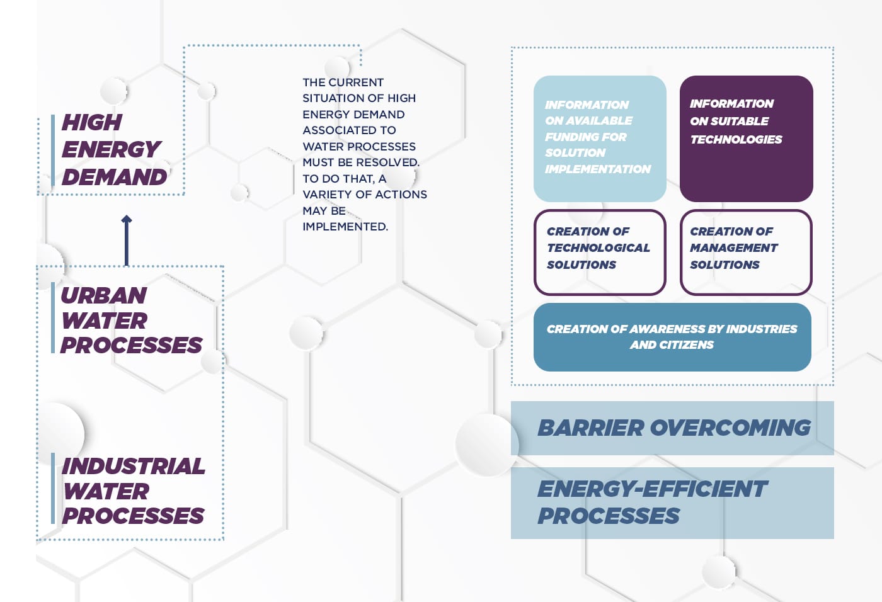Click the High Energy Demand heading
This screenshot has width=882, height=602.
click(x=113, y=150)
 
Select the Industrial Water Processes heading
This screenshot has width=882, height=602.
click(x=133, y=491)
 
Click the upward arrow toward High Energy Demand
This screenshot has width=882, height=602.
click(x=127, y=240)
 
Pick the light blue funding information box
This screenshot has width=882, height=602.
click(x=599, y=139)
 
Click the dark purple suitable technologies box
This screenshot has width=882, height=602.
click(x=746, y=139)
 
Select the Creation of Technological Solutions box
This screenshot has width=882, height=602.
click(x=599, y=252)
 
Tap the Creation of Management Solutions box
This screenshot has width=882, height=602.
click(x=746, y=252)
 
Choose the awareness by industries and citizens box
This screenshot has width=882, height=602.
click(x=672, y=337)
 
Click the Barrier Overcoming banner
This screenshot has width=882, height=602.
click(x=672, y=428)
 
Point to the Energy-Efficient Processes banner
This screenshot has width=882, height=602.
click(x=672, y=503)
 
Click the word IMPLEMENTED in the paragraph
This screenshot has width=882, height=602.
click(x=345, y=227)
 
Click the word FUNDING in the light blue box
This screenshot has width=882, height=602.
click(x=586, y=137)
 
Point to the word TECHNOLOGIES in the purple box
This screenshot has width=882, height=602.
click(x=736, y=140)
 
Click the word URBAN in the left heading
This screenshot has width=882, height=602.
click(x=104, y=295)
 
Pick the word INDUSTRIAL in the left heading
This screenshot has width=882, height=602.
click(x=134, y=466)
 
